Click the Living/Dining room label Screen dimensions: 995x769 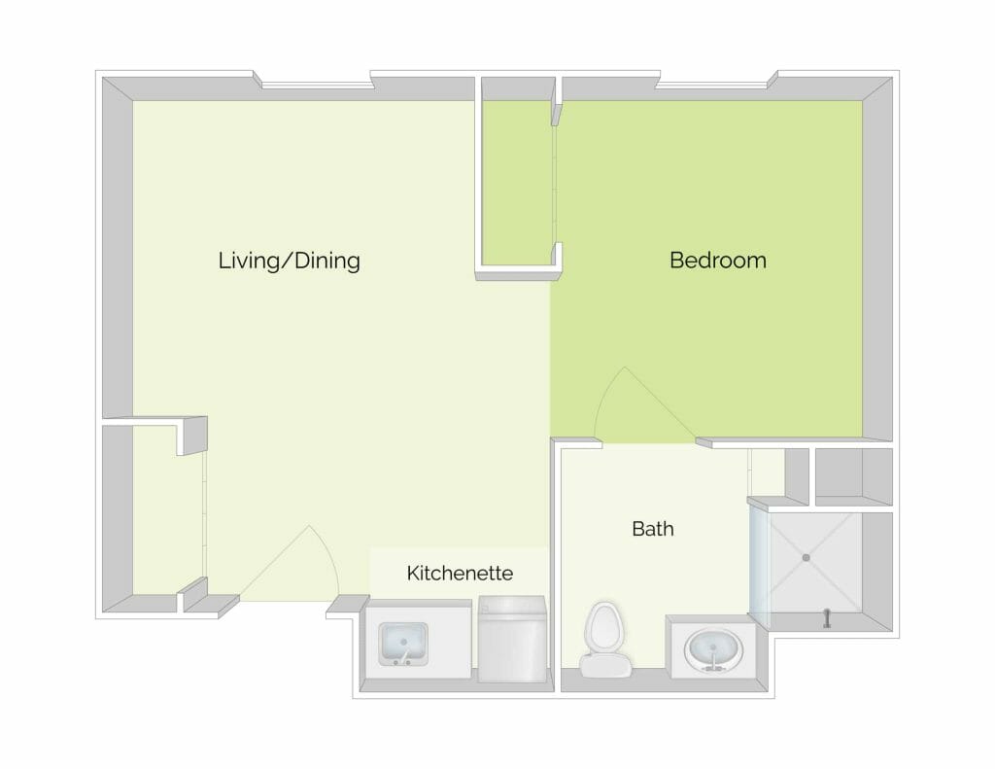290,261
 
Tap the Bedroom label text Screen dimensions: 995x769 718,261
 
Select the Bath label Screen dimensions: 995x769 653,529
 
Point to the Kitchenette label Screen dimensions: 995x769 460,573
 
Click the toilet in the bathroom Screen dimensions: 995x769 604,639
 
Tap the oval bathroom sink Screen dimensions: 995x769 713,650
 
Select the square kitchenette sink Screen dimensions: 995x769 403,645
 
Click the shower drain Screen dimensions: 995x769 806,557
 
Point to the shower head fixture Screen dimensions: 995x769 826,618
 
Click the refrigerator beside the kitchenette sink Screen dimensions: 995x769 512,639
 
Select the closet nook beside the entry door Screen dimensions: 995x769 168,508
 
